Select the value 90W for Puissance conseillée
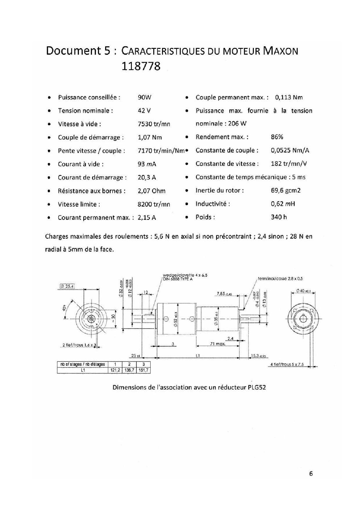(144, 97)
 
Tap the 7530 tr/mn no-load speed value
(154, 124)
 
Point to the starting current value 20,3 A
(147, 178)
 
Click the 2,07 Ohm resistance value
(151, 191)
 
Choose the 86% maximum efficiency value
(277, 137)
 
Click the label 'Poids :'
(205, 217)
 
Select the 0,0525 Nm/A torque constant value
(290, 150)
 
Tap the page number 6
(311, 474)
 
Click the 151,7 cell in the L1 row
(143, 370)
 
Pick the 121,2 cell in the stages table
(115, 370)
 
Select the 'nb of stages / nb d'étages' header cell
(82, 364)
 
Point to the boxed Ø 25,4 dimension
(67, 286)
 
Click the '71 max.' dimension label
(218, 344)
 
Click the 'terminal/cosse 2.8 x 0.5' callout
(280, 279)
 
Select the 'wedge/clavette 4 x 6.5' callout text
(185, 275)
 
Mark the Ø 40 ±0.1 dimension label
(303, 291)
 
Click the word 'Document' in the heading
(73, 51)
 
